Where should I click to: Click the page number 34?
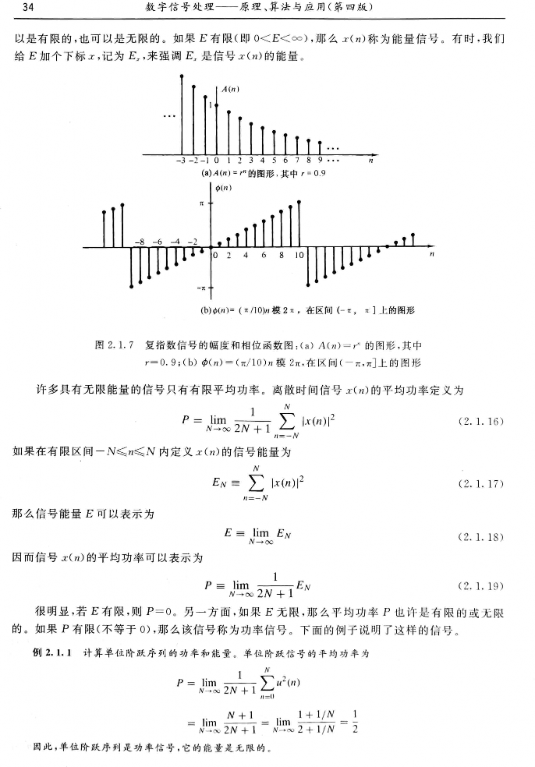click(x=29, y=8)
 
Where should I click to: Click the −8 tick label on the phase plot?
click(x=140, y=242)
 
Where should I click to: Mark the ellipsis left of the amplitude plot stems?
click(x=166, y=118)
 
